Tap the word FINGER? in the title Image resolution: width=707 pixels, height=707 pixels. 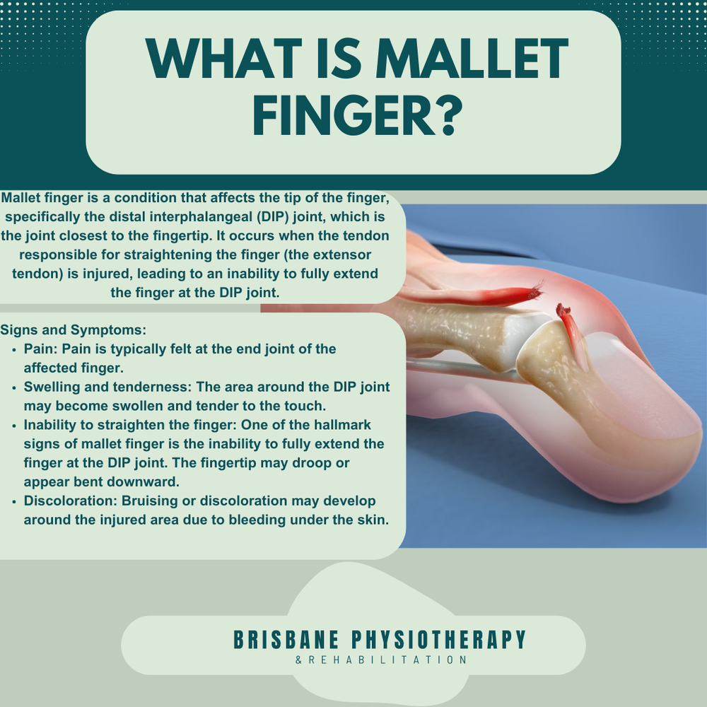click(353, 117)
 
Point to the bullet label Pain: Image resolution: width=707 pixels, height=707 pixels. click(40, 349)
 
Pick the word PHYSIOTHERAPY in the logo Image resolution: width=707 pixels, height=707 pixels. click(439, 640)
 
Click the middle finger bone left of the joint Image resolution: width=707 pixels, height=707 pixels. click(460, 332)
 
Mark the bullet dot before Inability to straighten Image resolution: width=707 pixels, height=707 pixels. click(16, 426)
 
